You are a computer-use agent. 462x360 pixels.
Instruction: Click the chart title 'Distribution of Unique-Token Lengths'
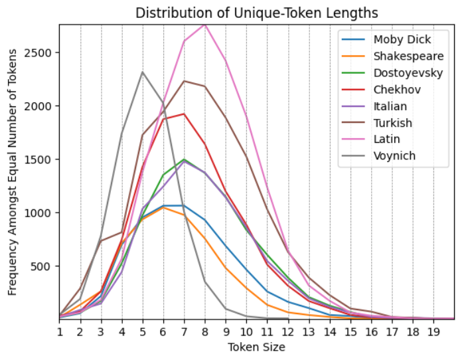tap(257, 13)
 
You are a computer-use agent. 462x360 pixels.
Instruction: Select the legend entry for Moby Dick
tap(400, 39)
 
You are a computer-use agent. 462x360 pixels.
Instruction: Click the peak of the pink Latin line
tap(204, 25)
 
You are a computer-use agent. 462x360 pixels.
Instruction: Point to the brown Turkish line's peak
tap(184, 81)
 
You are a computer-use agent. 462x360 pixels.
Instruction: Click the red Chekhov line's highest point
tap(184, 114)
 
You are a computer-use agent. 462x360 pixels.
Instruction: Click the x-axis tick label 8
tap(204, 331)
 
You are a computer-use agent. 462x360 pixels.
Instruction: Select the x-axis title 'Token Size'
tap(257, 347)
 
